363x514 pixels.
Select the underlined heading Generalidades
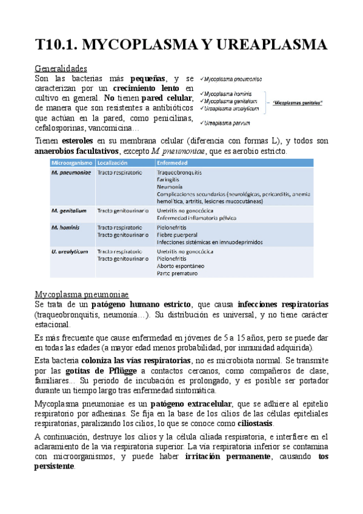click(61, 68)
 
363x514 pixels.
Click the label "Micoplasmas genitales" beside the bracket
click(298, 102)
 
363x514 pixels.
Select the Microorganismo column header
click(72, 163)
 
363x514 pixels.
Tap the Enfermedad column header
click(172, 163)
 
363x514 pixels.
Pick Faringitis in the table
click(168, 181)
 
